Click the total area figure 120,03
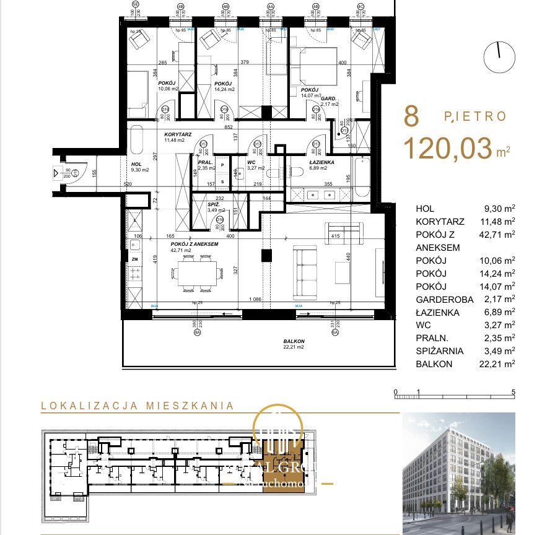pos(448,149)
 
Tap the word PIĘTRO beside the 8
pos(475,116)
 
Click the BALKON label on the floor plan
pos(294,341)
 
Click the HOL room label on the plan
pos(137,164)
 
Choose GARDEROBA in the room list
pos(445,299)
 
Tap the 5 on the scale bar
pos(514,392)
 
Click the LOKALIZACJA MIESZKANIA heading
pos(138,406)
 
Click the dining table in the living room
pos(198,271)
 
